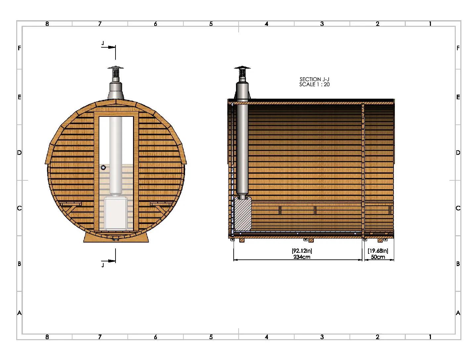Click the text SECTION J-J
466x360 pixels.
point(314,79)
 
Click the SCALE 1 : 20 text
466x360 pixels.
point(314,84)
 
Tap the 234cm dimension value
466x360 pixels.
point(302,257)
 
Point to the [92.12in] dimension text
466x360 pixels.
point(302,251)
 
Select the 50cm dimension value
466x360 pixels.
point(378,257)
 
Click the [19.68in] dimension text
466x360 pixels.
point(378,251)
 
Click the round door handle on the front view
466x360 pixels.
point(103,167)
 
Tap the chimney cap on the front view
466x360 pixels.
point(116,67)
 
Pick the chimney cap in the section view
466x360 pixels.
point(242,67)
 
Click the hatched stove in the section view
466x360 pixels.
point(243,214)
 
